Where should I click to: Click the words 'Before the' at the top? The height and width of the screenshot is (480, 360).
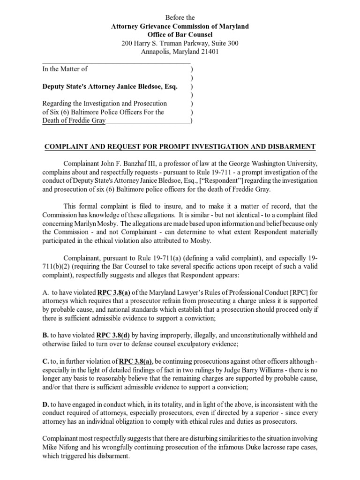[x=180, y=18]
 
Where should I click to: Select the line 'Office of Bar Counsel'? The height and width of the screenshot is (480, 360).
[x=180, y=35]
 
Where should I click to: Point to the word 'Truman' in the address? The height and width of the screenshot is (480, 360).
[x=173, y=44]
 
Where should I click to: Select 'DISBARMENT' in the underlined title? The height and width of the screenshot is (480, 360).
[x=292, y=147]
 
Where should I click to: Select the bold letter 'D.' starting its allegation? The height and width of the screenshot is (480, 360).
[x=46, y=405]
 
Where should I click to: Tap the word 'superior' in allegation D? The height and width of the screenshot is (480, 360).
[x=247, y=413]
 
